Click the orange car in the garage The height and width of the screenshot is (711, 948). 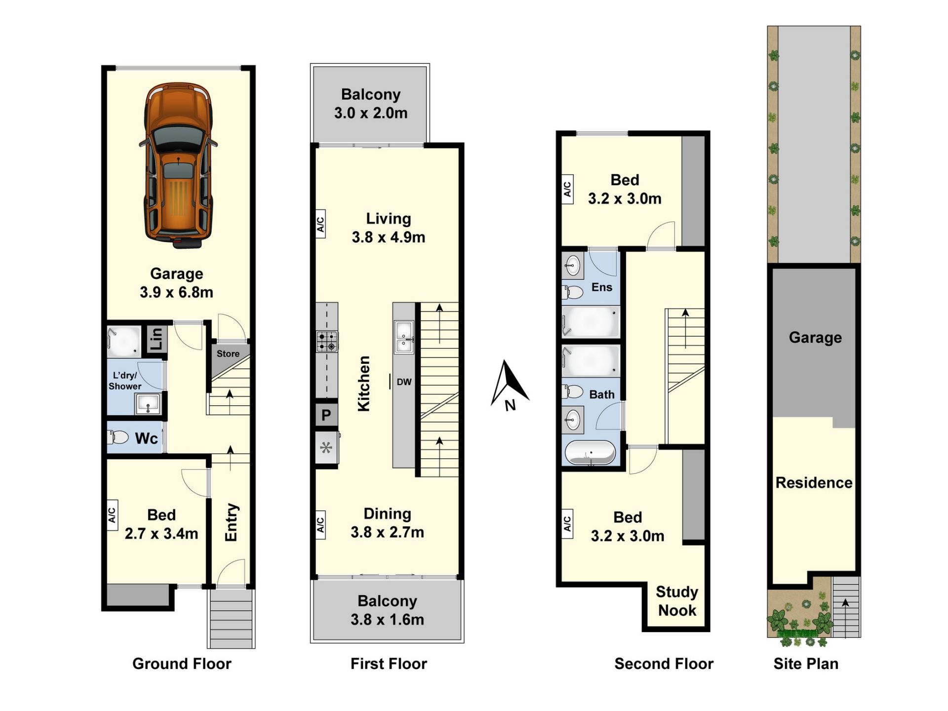click(178, 165)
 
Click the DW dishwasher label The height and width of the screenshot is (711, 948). click(404, 382)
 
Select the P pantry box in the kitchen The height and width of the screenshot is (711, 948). click(326, 415)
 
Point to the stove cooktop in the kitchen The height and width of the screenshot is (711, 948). click(327, 341)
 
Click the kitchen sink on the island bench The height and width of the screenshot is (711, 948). click(404, 337)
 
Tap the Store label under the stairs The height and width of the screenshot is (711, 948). click(228, 354)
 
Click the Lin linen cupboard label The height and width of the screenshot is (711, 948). click(156, 339)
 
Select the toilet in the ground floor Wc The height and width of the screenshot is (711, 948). click(118, 437)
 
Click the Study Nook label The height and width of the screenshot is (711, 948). click(677, 601)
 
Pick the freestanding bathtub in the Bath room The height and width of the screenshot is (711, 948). click(590, 452)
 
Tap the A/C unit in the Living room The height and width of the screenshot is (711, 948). click(320, 224)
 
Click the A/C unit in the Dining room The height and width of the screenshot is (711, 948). click(320, 524)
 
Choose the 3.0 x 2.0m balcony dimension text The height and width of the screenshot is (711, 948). click(371, 113)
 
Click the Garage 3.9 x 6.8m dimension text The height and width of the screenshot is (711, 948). click(176, 292)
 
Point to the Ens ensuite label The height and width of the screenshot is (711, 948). click(602, 287)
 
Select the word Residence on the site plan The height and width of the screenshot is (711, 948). click(814, 482)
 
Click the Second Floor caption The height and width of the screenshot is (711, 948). click(664, 664)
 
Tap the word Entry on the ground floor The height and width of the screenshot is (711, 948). click(231, 522)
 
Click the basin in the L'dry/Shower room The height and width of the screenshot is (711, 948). click(148, 404)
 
